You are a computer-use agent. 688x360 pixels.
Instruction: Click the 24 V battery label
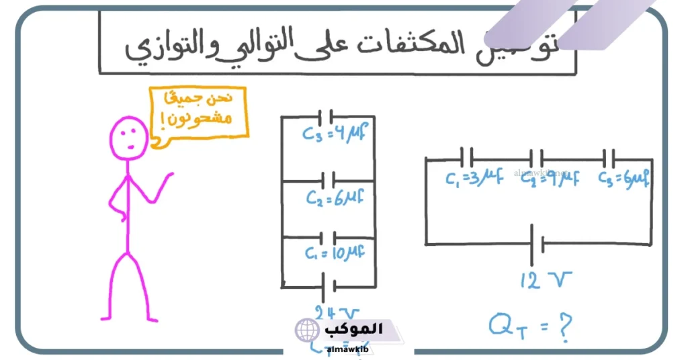[x=337, y=312]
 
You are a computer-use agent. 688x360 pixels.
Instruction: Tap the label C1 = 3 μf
[x=474, y=178]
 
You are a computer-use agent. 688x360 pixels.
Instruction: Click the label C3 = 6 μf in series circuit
[x=624, y=178]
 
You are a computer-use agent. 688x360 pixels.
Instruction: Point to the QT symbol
[x=506, y=327]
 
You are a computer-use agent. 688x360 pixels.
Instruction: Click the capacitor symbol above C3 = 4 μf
[x=326, y=117]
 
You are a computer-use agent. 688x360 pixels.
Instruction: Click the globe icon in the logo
[x=307, y=330]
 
